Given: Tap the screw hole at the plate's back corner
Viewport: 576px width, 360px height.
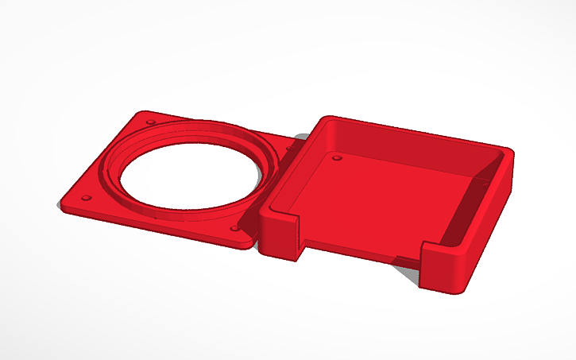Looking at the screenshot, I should click(149, 122).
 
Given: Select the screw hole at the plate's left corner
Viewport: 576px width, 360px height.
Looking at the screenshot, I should click(87, 197).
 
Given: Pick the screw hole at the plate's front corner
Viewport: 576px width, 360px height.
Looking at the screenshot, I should click(234, 228).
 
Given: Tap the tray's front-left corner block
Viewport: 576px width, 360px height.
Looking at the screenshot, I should click(279, 234).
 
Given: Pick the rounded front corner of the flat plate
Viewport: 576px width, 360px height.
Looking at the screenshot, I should click(242, 241).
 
